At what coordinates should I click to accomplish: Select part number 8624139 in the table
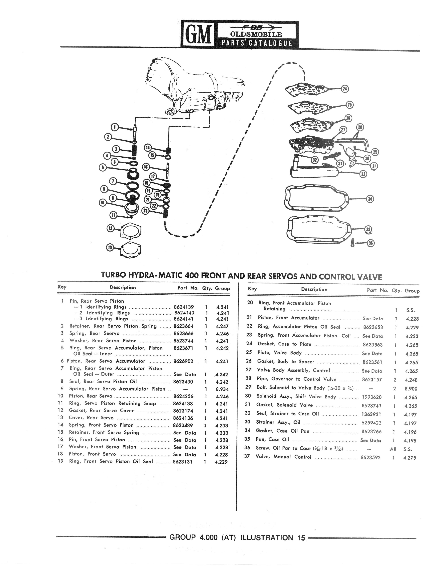pyautogui.click(x=184, y=307)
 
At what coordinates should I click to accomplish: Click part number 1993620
pyautogui.click(x=372, y=397)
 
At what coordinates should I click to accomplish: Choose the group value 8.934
pyautogui.click(x=222, y=389)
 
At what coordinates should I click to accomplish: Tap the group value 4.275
pyautogui.click(x=409, y=458)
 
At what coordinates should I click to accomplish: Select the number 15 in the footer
pyautogui.click(x=301, y=538)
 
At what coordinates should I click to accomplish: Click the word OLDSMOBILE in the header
pyautogui.click(x=256, y=34)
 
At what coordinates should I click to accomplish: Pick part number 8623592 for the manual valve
pyautogui.click(x=370, y=458)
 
